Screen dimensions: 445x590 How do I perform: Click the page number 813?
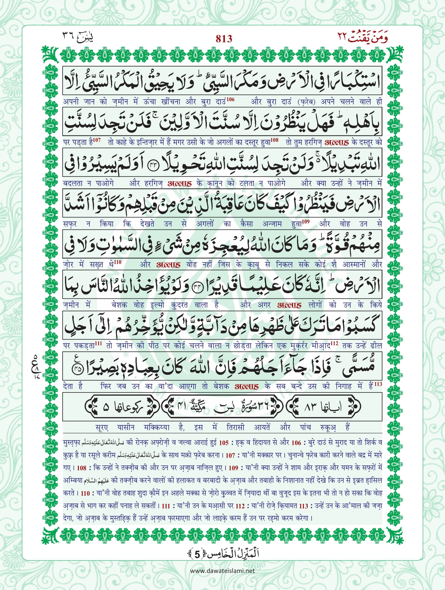point(224,39)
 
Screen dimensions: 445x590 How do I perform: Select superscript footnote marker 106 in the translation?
point(230,99)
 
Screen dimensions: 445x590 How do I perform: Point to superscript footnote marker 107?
point(96,140)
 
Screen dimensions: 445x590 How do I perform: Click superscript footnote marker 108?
point(274,140)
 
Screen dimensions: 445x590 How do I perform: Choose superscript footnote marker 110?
point(118,262)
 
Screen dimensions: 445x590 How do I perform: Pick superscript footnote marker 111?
point(98,343)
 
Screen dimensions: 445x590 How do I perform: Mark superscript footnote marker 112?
point(334,343)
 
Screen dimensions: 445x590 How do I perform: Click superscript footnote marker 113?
point(378,384)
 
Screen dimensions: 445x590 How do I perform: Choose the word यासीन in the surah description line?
point(126,428)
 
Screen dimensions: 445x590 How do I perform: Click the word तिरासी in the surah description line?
point(235,428)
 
